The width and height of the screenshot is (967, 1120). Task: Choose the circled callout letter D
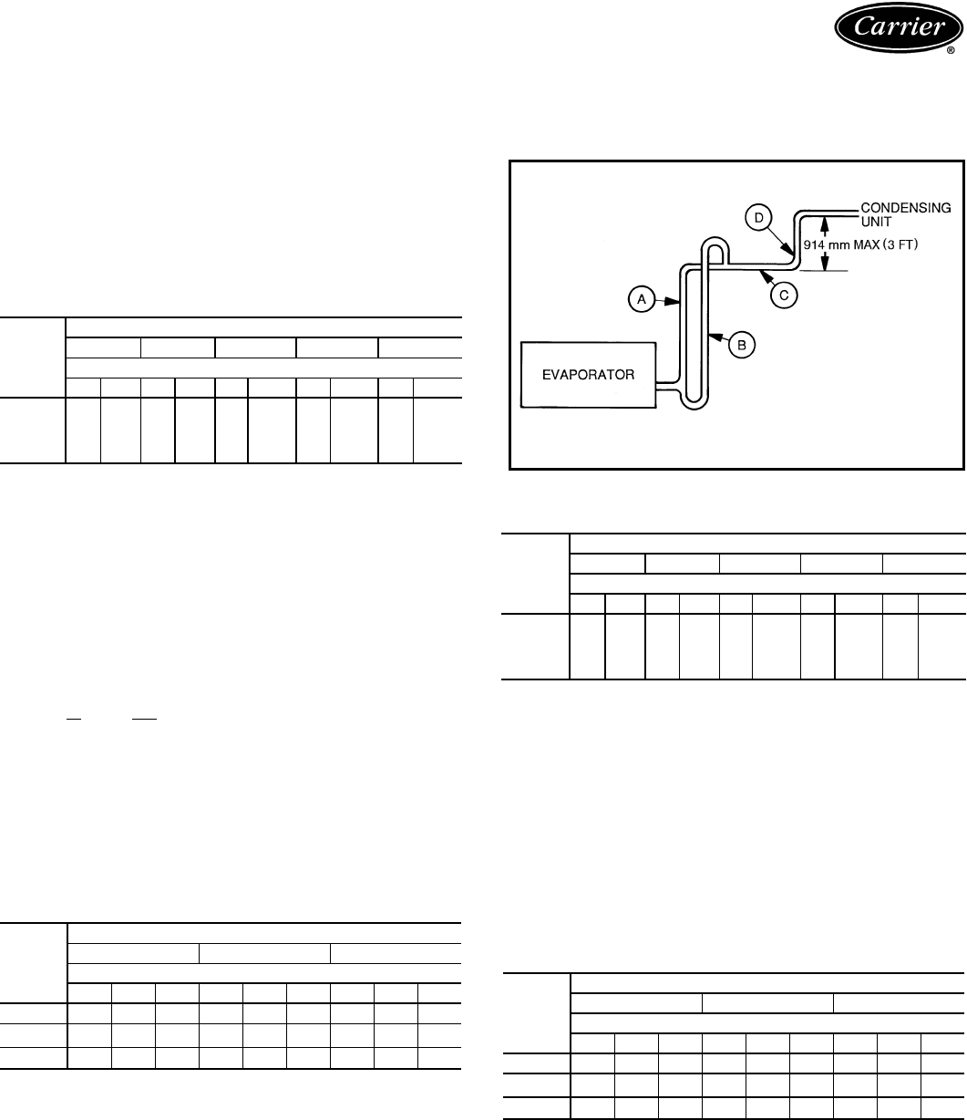click(x=758, y=217)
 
